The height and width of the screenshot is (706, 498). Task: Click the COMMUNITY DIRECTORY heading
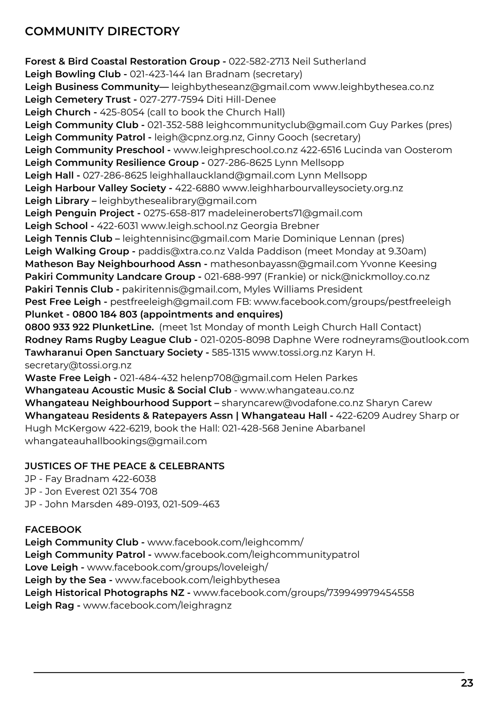(102, 31)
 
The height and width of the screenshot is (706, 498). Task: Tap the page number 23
(467, 683)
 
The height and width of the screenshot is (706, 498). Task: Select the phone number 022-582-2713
(259, 61)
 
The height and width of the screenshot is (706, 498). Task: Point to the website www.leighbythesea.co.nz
(373, 87)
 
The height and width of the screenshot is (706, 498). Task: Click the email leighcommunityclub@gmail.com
(286, 125)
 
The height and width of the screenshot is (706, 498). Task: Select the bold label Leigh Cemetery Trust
(78, 100)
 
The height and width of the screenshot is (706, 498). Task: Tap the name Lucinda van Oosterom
(398, 150)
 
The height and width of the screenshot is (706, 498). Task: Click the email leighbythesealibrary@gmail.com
(178, 201)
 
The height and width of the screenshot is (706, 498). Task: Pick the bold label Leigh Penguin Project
(80, 213)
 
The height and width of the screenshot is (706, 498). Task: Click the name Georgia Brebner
(280, 226)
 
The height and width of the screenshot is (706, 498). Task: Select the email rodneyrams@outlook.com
(405, 340)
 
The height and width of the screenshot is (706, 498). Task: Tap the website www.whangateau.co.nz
(297, 390)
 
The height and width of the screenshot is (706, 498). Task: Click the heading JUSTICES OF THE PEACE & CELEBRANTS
(124, 466)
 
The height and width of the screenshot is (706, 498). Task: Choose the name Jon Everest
(72, 491)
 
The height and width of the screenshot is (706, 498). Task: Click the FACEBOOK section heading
(53, 529)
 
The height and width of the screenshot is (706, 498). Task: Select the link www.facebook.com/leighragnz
(157, 606)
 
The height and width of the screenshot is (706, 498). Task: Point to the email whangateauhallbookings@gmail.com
(116, 441)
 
